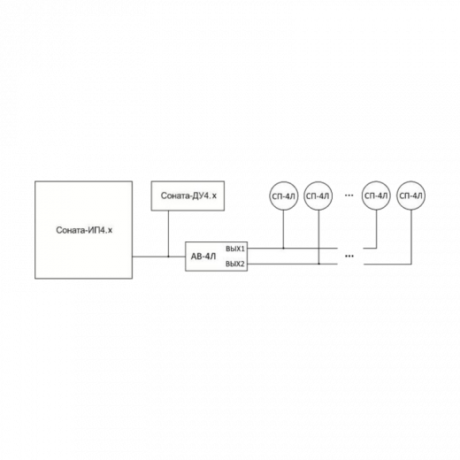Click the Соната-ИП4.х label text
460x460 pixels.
tap(84, 230)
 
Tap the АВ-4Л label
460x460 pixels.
tap(203, 257)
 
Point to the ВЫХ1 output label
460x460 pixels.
tap(235, 249)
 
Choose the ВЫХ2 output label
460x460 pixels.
tap(235, 264)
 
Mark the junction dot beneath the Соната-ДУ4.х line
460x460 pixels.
tap(168, 257)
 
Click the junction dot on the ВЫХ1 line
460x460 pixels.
tap(284, 249)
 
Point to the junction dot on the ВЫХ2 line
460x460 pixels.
tap(318, 264)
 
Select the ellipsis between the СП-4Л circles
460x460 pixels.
tap(349, 195)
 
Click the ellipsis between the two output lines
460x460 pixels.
tap(349, 256)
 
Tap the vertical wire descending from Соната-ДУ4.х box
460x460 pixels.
tap(168, 234)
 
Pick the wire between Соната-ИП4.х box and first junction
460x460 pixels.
tap(150, 257)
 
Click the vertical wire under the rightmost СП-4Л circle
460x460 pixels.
tap(411, 237)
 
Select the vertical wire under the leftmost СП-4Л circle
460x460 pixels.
tap(284, 229)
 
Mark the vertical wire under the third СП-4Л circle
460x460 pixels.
tap(377, 229)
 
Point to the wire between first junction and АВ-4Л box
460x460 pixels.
tap(177, 257)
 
